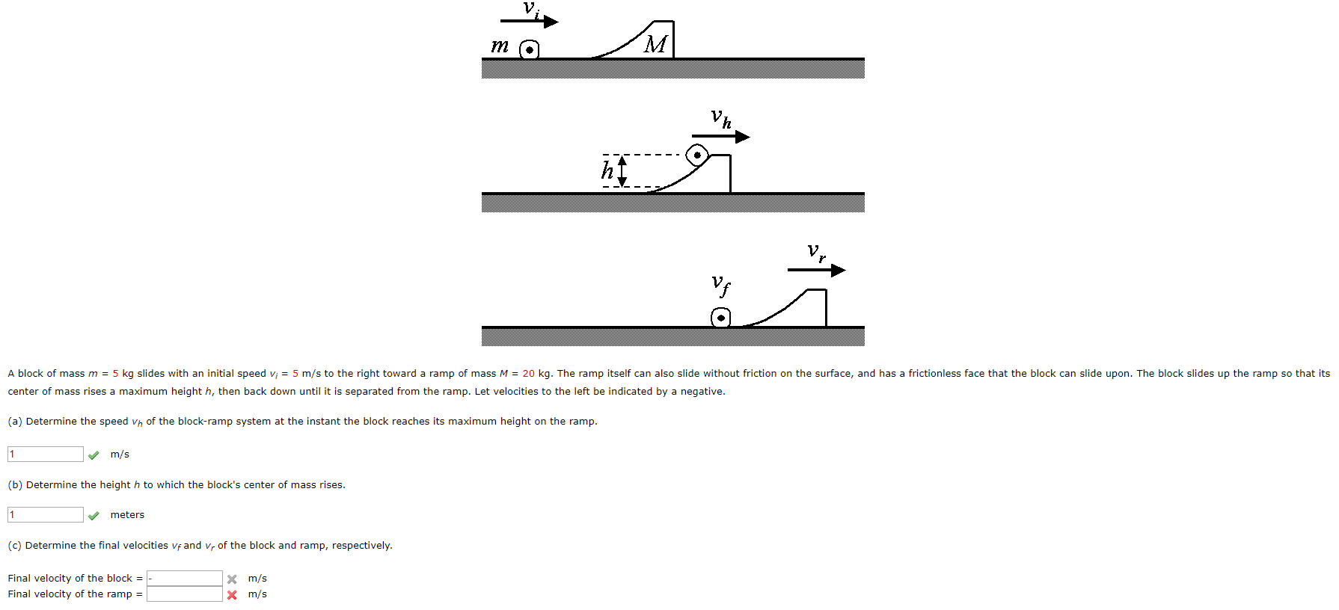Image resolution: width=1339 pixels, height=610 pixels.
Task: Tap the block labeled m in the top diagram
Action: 529,50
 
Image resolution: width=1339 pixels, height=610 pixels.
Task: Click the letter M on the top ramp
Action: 656,44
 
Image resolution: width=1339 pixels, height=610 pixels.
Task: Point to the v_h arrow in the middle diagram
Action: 720,137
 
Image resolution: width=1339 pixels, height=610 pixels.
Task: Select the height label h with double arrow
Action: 613,171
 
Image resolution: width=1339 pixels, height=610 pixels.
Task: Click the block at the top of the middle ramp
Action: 697,155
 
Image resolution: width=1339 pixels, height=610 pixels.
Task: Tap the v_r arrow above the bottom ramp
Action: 816,270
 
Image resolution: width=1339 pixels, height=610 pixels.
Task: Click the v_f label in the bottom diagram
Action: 720,284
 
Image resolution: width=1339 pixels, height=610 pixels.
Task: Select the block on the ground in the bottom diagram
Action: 720,318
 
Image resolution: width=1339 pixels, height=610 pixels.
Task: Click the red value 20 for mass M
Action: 528,374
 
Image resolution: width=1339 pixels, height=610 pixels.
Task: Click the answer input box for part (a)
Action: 46,454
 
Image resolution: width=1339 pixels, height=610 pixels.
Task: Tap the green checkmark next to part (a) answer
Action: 94,455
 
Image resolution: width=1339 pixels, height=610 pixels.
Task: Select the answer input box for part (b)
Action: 46,514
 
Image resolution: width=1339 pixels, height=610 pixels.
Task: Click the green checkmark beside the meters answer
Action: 94,515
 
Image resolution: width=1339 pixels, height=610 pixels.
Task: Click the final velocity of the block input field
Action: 185,578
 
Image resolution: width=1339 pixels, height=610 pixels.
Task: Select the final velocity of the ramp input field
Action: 185,594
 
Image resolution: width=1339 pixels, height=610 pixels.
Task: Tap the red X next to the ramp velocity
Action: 232,595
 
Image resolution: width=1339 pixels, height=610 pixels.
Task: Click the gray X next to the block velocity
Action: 232,579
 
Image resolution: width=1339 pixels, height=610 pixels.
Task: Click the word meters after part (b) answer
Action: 127,515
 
